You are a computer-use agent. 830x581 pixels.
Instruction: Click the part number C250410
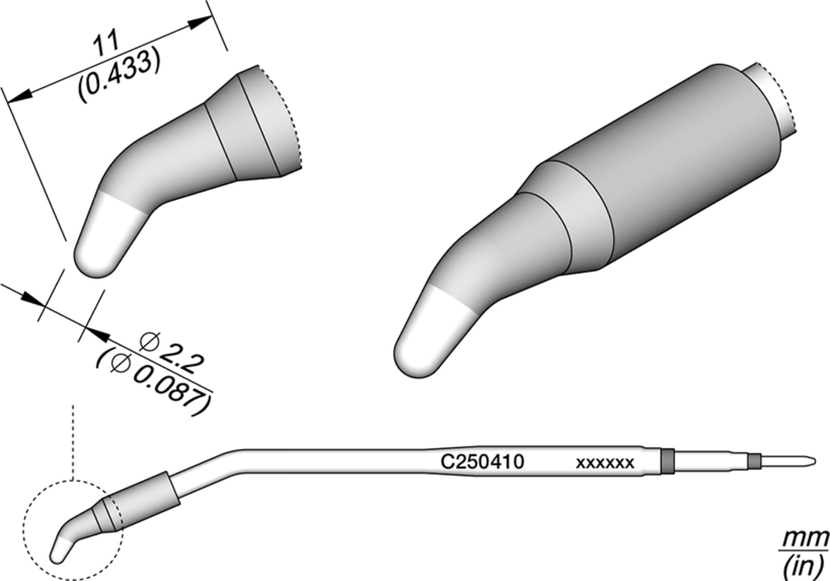click(482, 461)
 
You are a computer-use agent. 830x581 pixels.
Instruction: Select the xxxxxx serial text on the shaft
click(605, 463)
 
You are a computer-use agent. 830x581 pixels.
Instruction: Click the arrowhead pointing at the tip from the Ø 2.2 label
click(96, 334)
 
